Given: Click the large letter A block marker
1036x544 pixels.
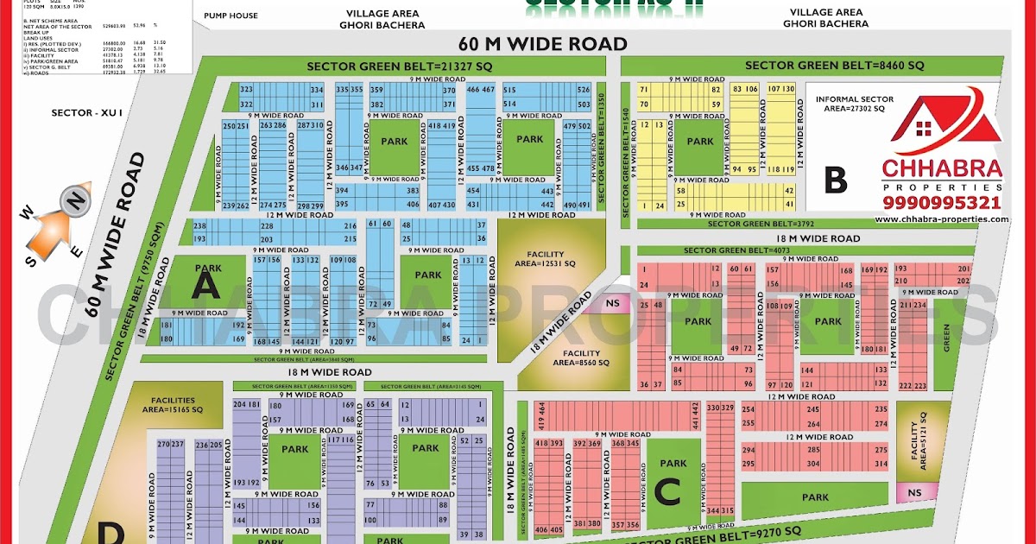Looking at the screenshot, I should click(x=205, y=284).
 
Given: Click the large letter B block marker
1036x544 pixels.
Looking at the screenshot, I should click(x=835, y=179).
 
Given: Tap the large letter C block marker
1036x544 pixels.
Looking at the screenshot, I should click(x=667, y=491).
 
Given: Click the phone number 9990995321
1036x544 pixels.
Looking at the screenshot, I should click(x=941, y=203).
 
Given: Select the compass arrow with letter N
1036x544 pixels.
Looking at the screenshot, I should click(x=69, y=205).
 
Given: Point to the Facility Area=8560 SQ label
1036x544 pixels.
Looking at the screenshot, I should click(x=581, y=357).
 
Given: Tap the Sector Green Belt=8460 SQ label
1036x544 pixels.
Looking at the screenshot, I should click(x=834, y=66).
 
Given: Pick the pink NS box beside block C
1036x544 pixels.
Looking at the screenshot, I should click(x=908, y=492).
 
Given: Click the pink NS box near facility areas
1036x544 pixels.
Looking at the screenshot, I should click(x=613, y=303).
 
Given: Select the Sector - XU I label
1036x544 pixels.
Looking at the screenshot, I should click(x=78, y=113).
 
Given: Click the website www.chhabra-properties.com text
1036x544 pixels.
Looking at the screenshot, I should click(x=941, y=219).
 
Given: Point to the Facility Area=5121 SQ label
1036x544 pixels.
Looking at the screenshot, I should click(x=917, y=446).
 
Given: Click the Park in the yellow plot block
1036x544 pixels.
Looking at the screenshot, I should click(x=700, y=142).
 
